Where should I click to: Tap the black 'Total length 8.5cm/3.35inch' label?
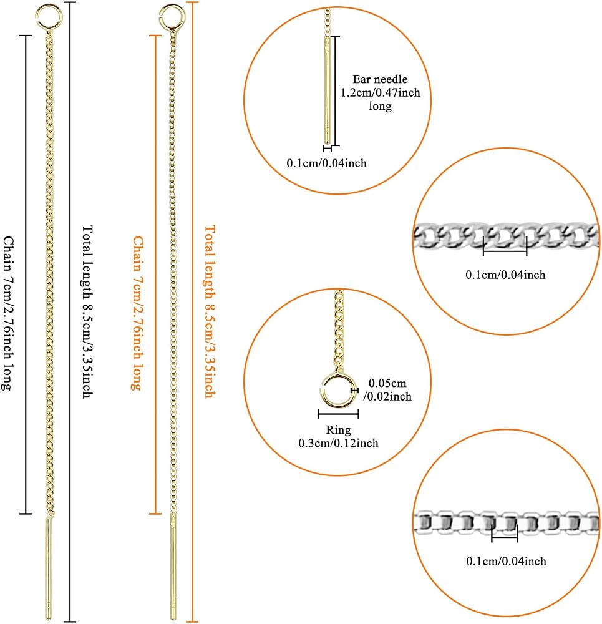click(x=87, y=311)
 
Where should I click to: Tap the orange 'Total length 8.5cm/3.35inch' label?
click(x=210, y=311)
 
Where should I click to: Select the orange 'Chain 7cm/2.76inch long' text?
click(x=138, y=313)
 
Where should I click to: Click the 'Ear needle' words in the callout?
click(x=380, y=79)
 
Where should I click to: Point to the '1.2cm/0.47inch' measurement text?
click(x=380, y=93)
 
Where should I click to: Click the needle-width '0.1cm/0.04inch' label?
click(x=327, y=163)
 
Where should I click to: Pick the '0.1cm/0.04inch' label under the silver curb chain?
click(x=505, y=275)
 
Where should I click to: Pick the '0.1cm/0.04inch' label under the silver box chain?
click(x=506, y=561)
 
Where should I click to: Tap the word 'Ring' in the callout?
click(x=338, y=430)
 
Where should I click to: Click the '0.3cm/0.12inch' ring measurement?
click(x=338, y=443)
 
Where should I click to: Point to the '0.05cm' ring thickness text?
click(x=387, y=383)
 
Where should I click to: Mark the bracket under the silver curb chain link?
click(x=505, y=250)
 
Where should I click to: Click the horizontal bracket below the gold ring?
click(x=339, y=414)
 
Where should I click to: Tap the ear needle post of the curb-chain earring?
click(x=48, y=568)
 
